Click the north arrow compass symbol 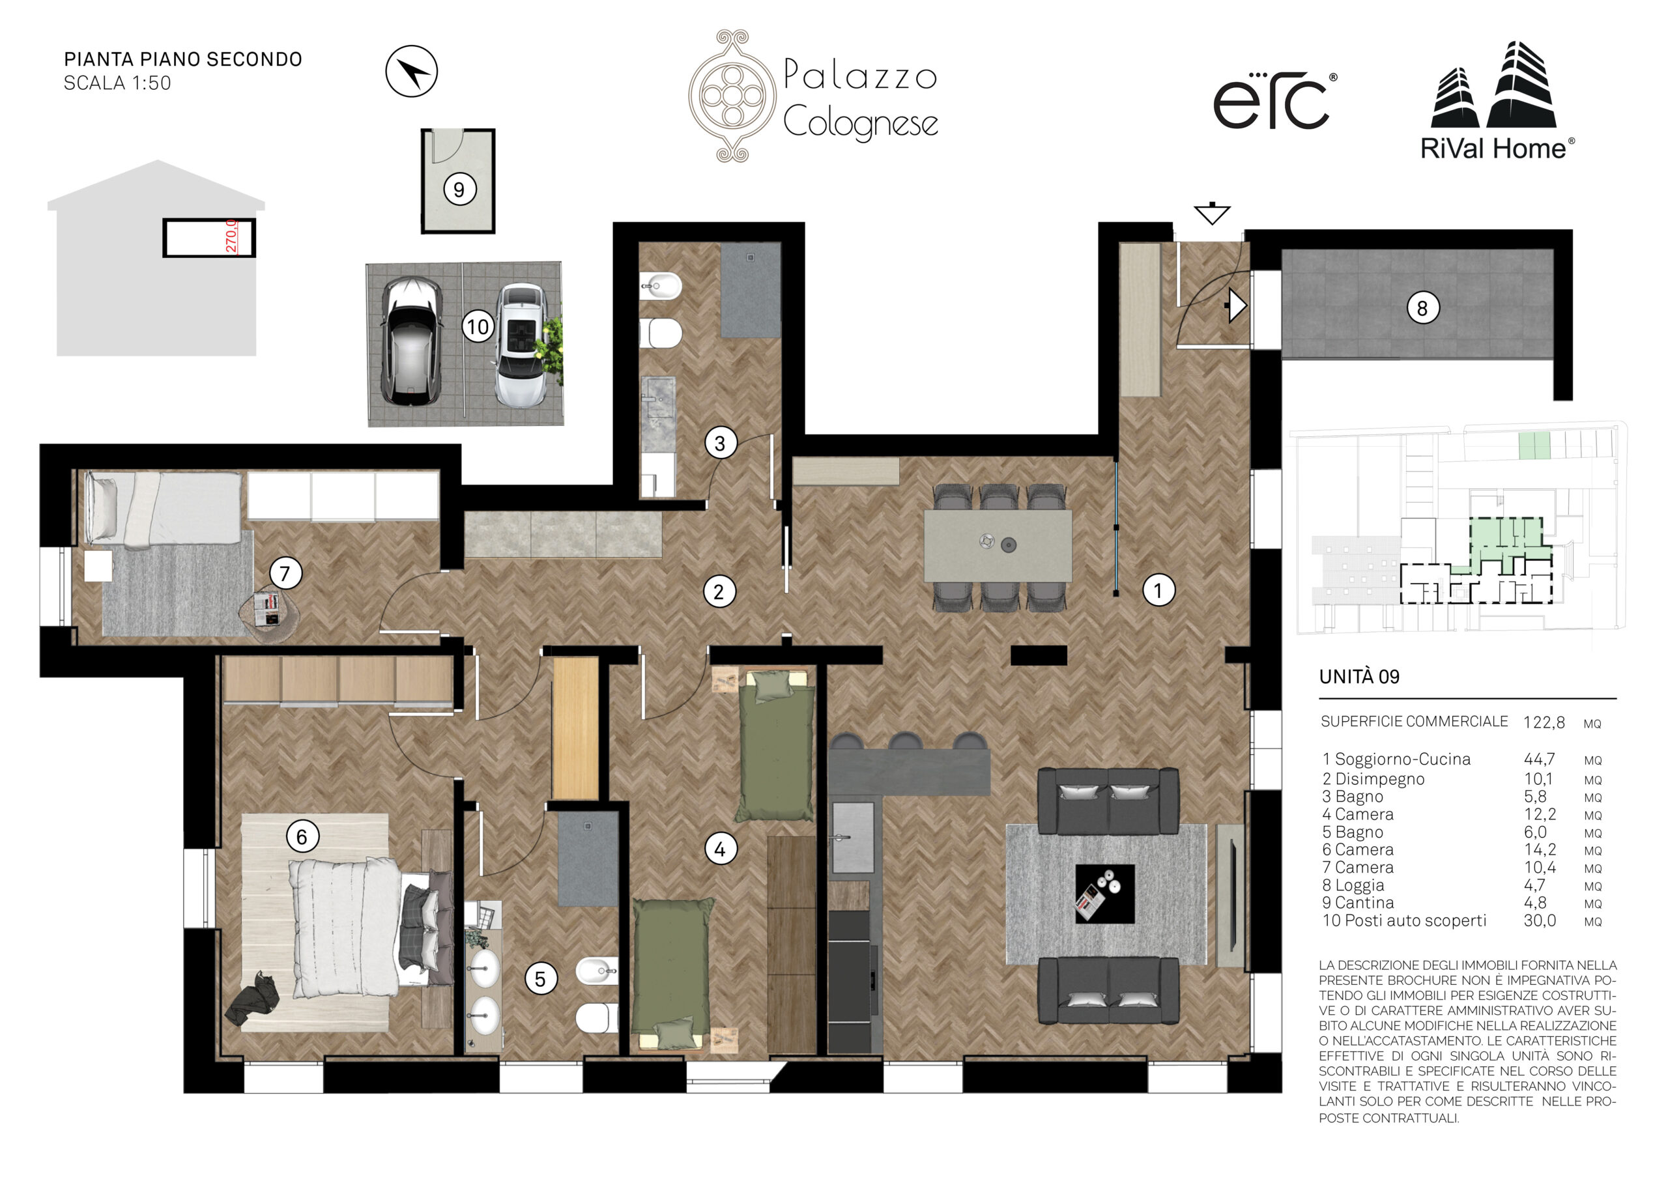point(411,71)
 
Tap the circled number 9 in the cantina point(459,190)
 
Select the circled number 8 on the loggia point(1422,308)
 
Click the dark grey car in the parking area point(411,341)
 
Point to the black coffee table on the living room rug point(1104,894)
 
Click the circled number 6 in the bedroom point(302,837)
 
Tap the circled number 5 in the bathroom point(541,979)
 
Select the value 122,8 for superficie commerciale point(1544,723)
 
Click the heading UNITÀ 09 point(1359,677)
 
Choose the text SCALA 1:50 point(118,83)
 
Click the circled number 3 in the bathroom point(720,443)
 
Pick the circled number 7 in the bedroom point(285,574)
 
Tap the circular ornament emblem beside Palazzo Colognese point(732,95)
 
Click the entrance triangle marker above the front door point(1212,214)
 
